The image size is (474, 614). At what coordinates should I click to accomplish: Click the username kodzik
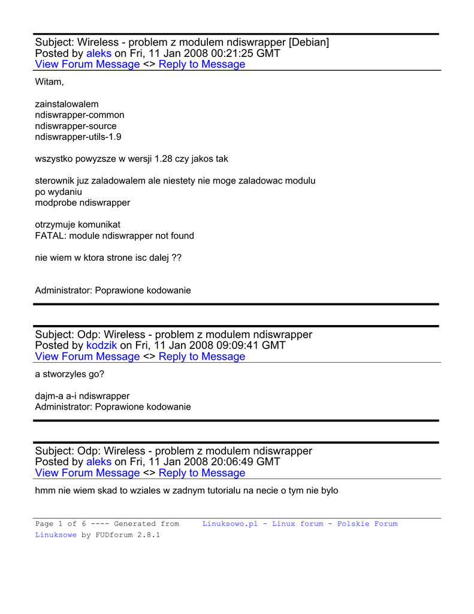[x=102, y=345]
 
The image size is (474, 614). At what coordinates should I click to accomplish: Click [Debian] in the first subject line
[x=309, y=42]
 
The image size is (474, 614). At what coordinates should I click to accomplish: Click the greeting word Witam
[x=49, y=82]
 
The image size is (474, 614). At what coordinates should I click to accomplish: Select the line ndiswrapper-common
[x=80, y=115]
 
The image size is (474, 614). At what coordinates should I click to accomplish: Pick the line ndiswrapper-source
[x=76, y=126]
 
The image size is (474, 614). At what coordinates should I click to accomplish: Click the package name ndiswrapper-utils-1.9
[x=79, y=137]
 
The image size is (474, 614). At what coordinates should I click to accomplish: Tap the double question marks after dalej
[x=176, y=258]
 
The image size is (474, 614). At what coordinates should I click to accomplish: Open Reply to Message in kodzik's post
[x=202, y=357]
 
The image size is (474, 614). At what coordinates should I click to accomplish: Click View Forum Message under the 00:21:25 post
[x=87, y=65]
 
